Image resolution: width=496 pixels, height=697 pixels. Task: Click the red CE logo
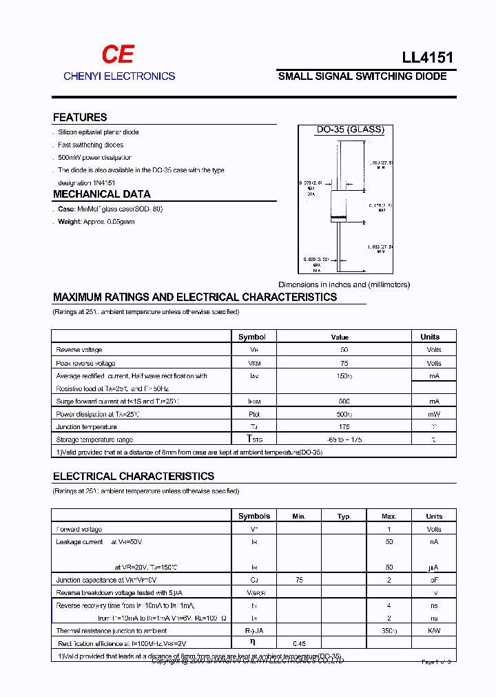pyautogui.click(x=118, y=55)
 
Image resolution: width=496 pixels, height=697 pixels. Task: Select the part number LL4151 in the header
pyautogui.click(x=427, y=58)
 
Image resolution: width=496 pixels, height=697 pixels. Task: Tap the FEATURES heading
pyautogui.click(x=80, y=117)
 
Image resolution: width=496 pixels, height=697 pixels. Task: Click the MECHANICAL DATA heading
pyautogui.click(x=101, y=194)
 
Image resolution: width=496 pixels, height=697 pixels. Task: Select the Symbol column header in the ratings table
pyautogui.click(x=251, y=337)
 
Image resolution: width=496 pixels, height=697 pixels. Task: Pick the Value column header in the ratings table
pyautogui.click(x=340, y=337)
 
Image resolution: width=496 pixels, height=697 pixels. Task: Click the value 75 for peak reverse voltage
pyautogui.click(x=344, y=363)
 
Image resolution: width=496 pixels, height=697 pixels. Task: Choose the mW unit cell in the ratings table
pyautogui.click(x=433, y=414)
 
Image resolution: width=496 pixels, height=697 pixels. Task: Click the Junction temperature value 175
pyautogui.click(x=344, y=427)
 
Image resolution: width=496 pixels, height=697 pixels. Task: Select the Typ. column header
pyautogui.click(x=344, y=516)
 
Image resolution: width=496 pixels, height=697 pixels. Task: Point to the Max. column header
pyautogui.click(x=389, y=516)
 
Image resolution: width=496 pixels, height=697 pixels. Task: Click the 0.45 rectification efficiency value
pyautogui.click(x=299, y=643)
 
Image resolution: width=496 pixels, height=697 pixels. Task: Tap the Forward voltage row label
pyautogui.click(x=79, y=529)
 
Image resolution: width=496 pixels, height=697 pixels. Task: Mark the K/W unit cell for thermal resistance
pyautogui.click(x=434, y=630)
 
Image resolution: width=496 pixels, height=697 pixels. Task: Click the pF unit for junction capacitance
pyautogui.click(x=434, y=580)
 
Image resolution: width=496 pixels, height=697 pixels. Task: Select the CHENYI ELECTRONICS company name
pyautogui.click(x=119, y=76)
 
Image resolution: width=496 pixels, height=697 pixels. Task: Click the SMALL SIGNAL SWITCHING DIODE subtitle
pyautogui.click(x=362, y=76)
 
